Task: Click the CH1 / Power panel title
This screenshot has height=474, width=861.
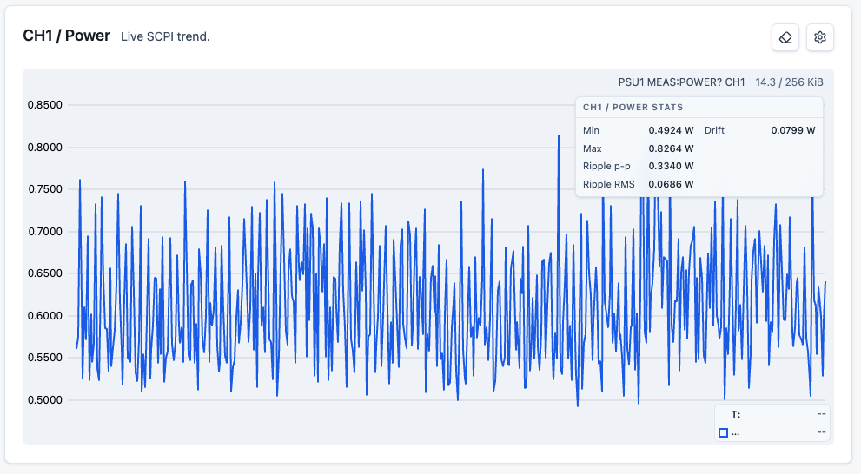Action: point(66,36)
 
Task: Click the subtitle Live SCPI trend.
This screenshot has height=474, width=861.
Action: point(165,36)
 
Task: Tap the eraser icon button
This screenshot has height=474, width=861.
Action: point(785,37)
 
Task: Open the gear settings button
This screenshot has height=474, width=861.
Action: point(820,37)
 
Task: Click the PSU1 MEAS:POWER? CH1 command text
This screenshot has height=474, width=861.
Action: point(681,82)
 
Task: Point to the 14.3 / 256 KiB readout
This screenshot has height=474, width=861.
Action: point(789,82)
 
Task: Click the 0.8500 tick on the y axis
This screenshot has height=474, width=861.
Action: point(45,105)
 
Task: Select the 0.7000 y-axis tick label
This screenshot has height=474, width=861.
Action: point(45,232)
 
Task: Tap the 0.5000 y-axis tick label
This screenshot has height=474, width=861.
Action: point(45,400)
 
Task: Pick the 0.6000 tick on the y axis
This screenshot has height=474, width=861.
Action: point(45,315)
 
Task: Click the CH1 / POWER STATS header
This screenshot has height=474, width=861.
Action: point(633,108)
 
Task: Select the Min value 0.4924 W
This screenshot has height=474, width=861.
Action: point(671,130)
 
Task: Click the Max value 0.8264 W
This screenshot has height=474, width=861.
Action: point(671,148)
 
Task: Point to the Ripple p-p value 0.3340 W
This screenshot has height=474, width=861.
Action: point(671,166)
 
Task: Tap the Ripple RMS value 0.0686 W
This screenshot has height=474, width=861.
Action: point(671,184)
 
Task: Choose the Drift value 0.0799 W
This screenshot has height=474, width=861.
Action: point(793,130)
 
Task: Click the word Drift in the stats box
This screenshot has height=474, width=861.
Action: point(714,130)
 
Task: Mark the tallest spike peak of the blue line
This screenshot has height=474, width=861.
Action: point(559,135)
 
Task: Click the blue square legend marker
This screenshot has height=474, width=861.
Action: point(723,433)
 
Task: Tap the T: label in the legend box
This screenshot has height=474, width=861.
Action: point(736,414)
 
